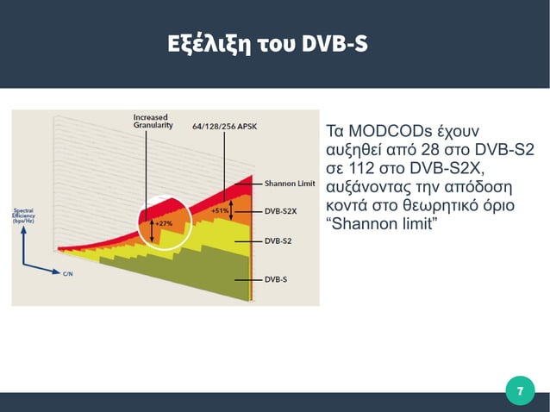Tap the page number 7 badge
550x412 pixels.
coord(519,392)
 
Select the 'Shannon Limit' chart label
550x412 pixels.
coord(289,184)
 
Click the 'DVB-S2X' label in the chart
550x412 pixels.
coord(280,210)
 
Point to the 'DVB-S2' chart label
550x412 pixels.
coord(278,240)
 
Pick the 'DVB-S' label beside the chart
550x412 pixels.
coord(276,279)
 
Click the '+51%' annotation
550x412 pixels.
coord(219,210)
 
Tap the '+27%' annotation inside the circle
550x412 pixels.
coord(164,224)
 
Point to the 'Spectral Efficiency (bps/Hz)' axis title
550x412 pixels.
coord(23,215)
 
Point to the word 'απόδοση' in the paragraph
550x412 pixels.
coord(478,188)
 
